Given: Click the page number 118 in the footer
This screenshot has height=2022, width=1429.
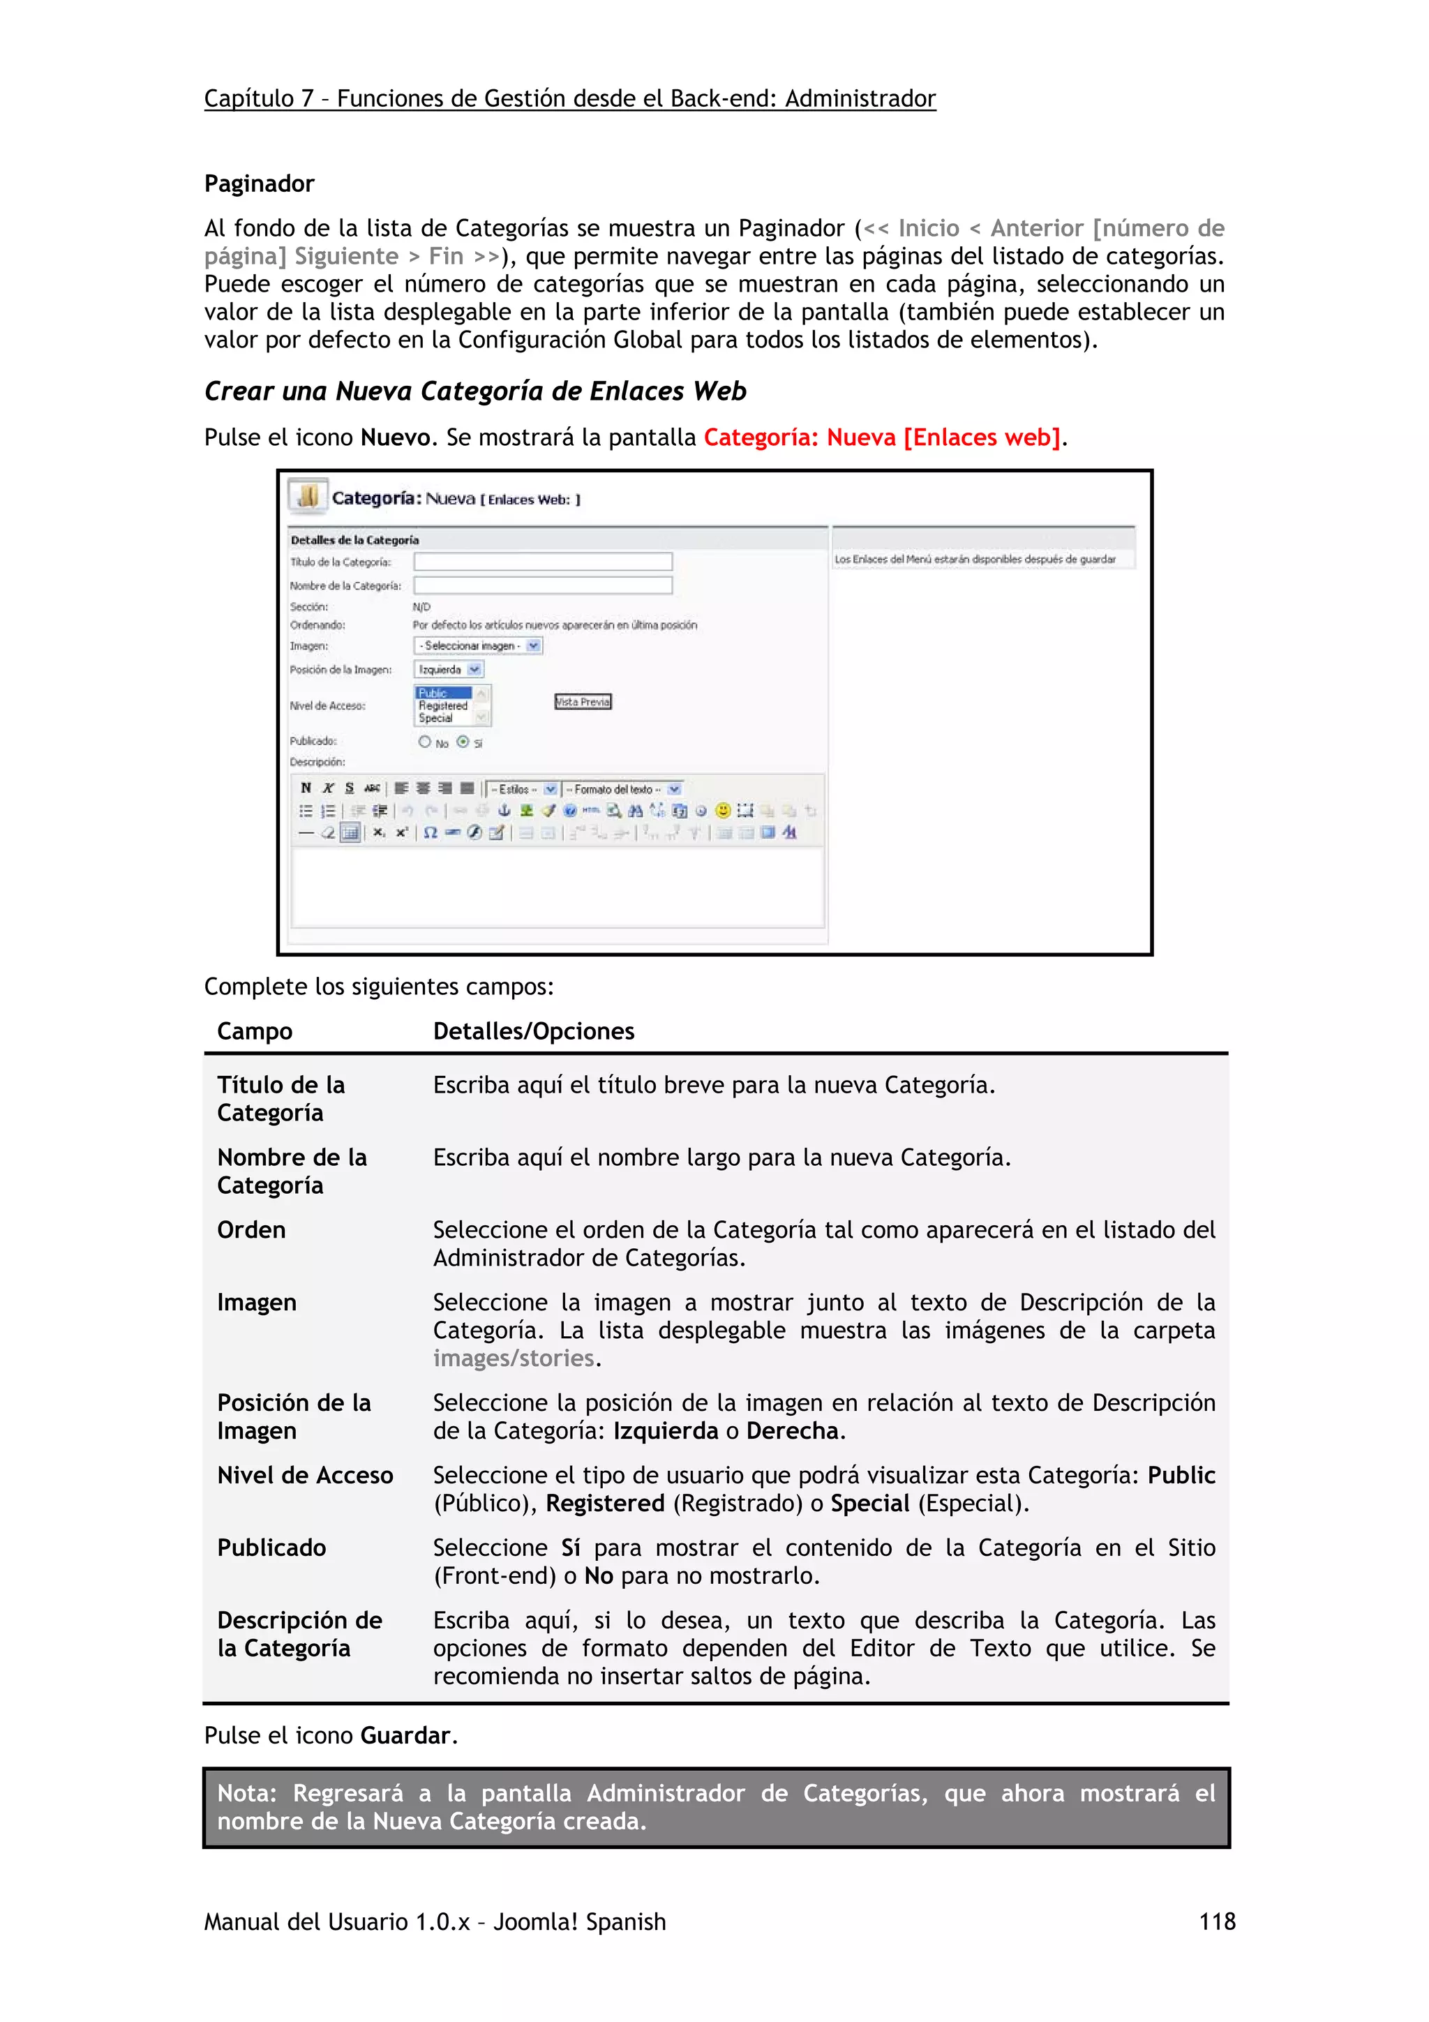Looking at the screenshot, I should pyautogui.click(x=1217, y=1921).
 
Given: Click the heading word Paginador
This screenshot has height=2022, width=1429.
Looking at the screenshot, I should pyautogui.click(x=259, y=184).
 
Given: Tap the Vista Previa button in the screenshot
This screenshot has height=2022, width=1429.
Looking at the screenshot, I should pyautogui.click(x=583, y=702).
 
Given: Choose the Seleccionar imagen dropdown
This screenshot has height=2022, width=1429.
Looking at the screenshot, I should pyautogui.click(x=478, y=645).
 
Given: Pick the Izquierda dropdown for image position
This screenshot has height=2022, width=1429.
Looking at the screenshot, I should pyautogui.click(x=448, y=669).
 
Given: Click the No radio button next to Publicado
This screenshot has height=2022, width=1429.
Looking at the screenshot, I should pyautogui.click(x=425, y=742).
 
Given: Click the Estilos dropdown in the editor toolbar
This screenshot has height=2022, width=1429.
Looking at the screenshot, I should pyautogui.click(x=523, y=789).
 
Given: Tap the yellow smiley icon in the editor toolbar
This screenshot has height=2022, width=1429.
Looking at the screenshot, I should pyautogui.click(x=722, y=810).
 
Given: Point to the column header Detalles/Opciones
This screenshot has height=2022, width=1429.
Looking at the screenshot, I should pyautogui.click(x=534, y=1031).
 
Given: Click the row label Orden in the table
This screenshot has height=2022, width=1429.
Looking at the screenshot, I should pyautogui.click(x=251, y=1229).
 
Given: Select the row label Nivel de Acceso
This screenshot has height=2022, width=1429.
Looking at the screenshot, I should pyautogui.click(x=305, y=1475).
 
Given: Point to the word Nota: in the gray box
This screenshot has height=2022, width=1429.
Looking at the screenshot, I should pyautogui.click(x=246, y=1793).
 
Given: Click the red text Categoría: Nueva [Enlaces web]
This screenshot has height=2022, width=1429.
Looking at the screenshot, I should pyautogui.click(x=882, y=437).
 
